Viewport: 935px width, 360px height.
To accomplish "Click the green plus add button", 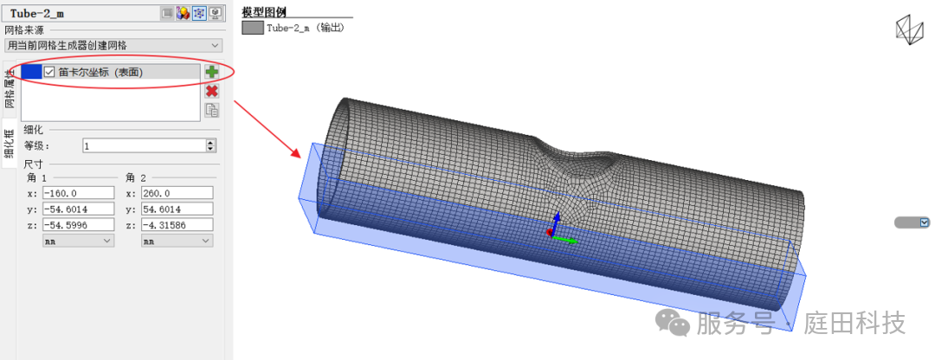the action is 212,72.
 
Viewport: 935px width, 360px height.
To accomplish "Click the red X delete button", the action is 212,91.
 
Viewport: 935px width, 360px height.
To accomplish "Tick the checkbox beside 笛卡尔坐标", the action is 49,72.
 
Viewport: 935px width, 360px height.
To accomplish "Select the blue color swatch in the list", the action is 32,72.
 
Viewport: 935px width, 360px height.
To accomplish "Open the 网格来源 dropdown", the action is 113,45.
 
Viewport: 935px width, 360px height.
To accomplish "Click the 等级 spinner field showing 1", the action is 149,145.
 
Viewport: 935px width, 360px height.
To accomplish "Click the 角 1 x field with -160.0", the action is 78,193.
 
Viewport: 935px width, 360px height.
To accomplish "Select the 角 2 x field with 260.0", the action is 177,193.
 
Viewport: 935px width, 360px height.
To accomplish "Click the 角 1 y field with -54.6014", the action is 78,209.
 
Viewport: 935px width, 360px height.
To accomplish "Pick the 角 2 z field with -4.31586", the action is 177,225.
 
